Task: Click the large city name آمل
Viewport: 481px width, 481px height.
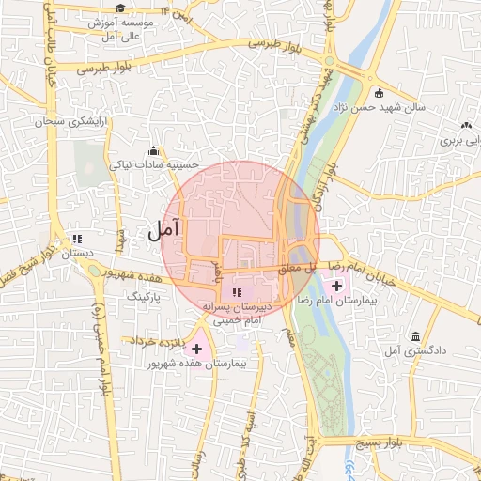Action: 163,228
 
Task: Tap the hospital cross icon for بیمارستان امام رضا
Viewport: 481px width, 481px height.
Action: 337,285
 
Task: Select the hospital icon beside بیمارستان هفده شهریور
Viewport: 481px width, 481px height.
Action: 196,349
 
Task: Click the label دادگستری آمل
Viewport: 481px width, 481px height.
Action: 420,350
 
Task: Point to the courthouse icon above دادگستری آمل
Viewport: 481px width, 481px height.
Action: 414,336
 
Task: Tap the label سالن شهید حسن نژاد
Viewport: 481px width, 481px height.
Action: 389,107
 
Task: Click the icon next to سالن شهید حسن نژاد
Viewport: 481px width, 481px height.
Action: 379,93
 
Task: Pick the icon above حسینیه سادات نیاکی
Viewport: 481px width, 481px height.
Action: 153,150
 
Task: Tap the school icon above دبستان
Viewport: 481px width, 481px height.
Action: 76,239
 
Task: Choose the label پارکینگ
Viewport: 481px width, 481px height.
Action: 145,296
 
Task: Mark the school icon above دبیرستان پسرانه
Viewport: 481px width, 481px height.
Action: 237,293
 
